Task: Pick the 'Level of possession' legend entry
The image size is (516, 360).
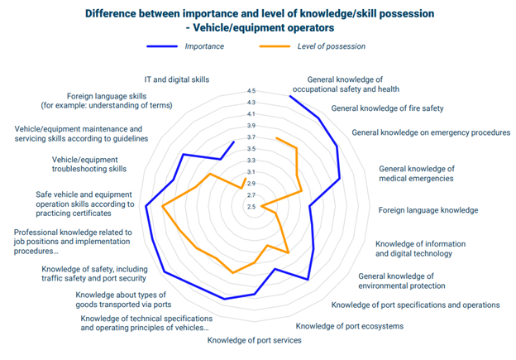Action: pyautogui.click(x=331, y=46)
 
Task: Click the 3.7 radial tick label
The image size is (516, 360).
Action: pyautogui.click(x=251, y=137)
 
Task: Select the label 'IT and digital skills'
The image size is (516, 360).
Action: pyautogui.click(x=176, y=80)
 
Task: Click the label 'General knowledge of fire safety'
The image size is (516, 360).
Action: pyautogui.click(x=388, y=108)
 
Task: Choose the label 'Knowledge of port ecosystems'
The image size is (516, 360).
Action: pyautogui.click(x=349, y=326)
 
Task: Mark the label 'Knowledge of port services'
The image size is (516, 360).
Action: pyautogui.click(x=254, y=340)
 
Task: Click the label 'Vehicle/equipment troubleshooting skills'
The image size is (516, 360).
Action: pyautogui.click(x=89, y=164)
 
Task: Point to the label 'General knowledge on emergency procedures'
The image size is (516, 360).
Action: pyautogui.click(x=431, y=132)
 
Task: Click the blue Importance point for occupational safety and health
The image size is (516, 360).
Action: pyautogui.click(x=289, y=95)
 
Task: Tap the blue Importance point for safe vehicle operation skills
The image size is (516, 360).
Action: pyautogui.click(x=146, y=207)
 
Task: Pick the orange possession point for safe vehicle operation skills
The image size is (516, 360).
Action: pyautogui.click(x=164, y=207)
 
